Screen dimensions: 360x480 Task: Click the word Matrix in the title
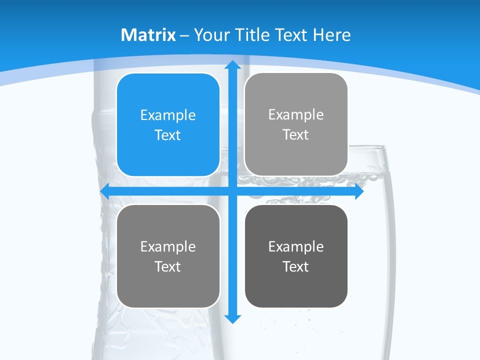tap(148, 35)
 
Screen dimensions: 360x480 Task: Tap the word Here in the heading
tap(332, 35)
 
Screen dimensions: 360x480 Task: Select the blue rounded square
tap(168, 124)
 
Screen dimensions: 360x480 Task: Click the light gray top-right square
tap(296, 124)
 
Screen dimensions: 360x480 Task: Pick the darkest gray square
tap(296, 256)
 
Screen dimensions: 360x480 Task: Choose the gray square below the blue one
tap(168, 256)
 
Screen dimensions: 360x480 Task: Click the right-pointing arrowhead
tap(359, 191)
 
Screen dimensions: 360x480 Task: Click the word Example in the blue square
tap(168, 115)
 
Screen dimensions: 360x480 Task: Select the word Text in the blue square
tap(168, 135)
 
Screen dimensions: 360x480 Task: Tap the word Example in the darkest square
tap(296, 246)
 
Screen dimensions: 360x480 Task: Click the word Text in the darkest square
tap(296, 266)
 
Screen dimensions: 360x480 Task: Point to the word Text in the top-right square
tap(296, 134)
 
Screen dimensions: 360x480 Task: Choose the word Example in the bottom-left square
tap(168, 246)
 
